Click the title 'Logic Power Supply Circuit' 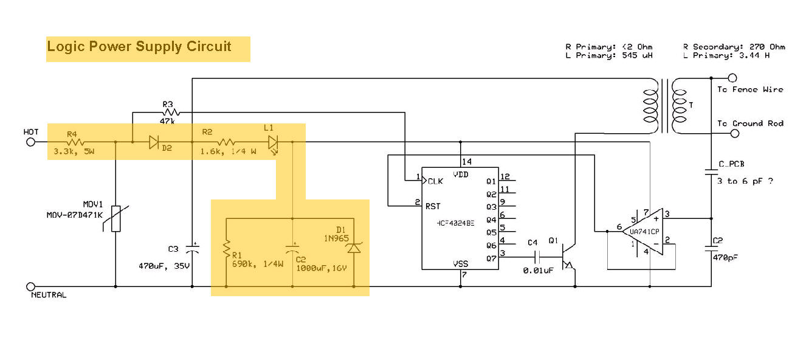click(x=139, y=47)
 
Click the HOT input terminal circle click(x=31, y=142)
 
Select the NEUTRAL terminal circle click(x=31, y=286)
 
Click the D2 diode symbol click(x=154, y=142)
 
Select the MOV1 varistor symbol click(x=115, y=220)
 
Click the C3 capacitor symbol click(x=193, y=248)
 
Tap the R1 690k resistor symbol click(x=226, y=247)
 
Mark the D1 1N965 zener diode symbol click(x=353, y=247)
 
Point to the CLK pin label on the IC click(x=435, y=181)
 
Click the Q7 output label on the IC click(x=491, y=258)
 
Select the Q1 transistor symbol click(x=568, y=257)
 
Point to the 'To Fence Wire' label click(x=750, y=89)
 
